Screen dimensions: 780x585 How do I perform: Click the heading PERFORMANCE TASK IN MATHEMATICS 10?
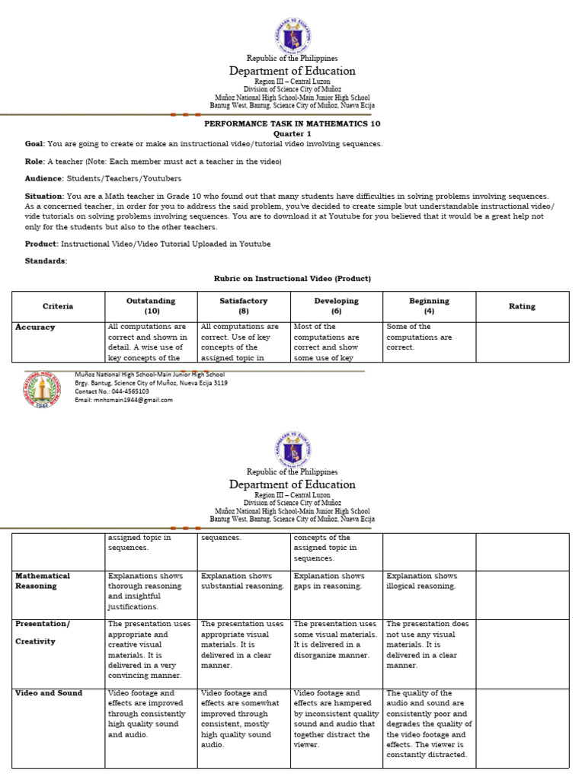click(292, 123)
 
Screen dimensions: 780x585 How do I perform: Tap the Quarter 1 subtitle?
click(292, 133)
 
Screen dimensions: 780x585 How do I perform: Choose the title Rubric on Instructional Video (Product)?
click(292, 279)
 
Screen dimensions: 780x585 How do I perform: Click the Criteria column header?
click(58, 306)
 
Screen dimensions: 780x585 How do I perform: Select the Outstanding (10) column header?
click(151, 306)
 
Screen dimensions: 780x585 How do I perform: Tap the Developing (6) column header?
click(336, 306)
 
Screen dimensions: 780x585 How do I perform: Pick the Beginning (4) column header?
click(429, 306)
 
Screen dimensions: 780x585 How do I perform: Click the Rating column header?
click(522, 306)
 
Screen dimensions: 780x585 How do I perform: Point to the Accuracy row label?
click(36, 327)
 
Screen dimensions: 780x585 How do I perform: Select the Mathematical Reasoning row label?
click(43, 581)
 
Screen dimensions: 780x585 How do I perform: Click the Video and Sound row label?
click(49, 693)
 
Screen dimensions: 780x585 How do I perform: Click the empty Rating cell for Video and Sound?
click(522, 727)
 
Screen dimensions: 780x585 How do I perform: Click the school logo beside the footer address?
click(41, 388)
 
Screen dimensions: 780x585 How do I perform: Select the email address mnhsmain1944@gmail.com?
click(123, 400)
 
